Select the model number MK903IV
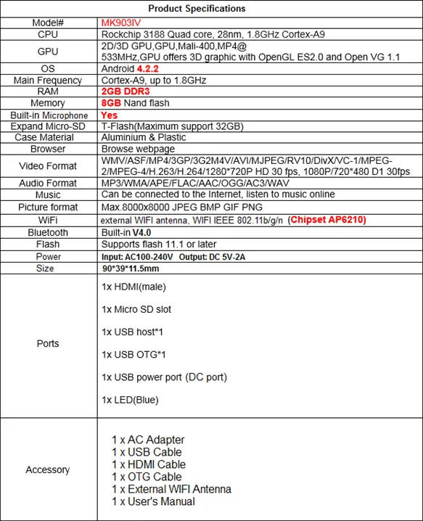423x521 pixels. coord(122,22)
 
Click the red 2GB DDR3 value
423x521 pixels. coord(127,92)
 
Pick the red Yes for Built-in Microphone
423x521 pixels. coord(110,115)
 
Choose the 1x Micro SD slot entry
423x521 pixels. coord(137,310)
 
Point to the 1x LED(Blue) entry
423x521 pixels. coord(131,400)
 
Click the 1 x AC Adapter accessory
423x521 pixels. coord(148,440)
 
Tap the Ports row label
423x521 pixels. coord(48,343)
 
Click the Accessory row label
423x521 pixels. coord(48,469)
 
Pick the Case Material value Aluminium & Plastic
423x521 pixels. coord(144,137)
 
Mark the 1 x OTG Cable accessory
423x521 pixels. coord(147,477)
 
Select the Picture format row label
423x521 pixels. coord(48,208)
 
